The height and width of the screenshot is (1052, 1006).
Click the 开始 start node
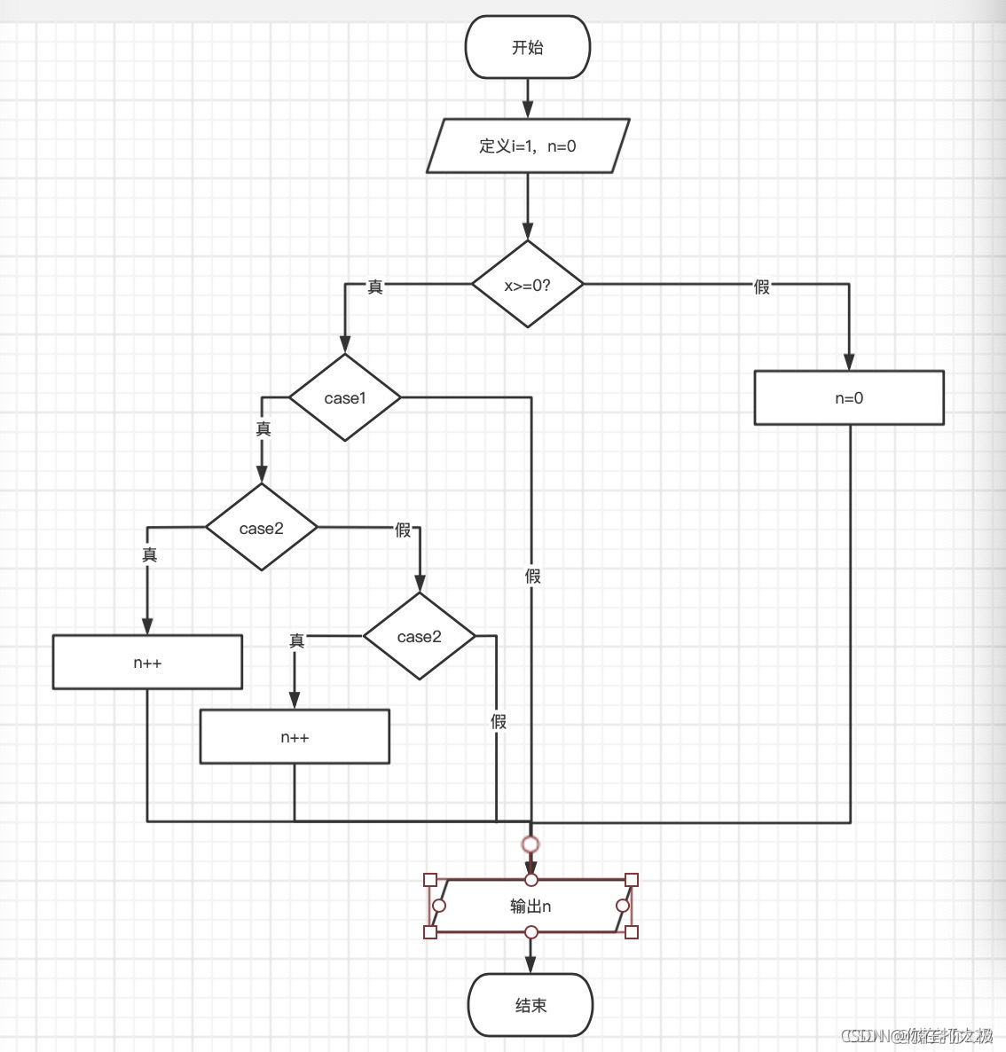pyautogui.click(x=527, y=47)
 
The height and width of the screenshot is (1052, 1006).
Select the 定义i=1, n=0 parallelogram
pyautogui.click(x=527, y=145)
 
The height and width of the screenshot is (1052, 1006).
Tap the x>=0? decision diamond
pyautogui.click(x=527, y=285)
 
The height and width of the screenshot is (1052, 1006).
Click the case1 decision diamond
pyautogui.click(x=345, y=397)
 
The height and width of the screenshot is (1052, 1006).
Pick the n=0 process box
pyautogui.click(x=849, y=397)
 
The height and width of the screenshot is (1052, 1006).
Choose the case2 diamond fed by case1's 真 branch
pyautogui.click(x=262, y=528)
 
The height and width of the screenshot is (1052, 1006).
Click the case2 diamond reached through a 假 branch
pyautogui.click(x=419, y=636)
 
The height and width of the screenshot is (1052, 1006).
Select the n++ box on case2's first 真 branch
pyautogui.click(x=147, y=662)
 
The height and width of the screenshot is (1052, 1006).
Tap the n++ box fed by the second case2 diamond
pyautogui.click(x=295, y=736)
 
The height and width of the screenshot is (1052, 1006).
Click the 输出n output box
pyautogui.click(x=531, y=906)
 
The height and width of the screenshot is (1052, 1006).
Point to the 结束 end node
pyautogui.click(x=531, y=1005)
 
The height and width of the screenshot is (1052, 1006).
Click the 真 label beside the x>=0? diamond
pyautogui.click(x=375, y=287)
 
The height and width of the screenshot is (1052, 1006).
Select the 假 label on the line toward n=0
pyautogui.click(x=761, y=287)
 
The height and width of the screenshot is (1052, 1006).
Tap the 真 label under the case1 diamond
pyautogui.click(x=263, y=428)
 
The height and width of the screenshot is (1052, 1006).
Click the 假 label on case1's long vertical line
pyautogui.click(x=532, y=576)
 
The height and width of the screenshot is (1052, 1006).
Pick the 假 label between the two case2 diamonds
pyautogui.click(x=403, y=530)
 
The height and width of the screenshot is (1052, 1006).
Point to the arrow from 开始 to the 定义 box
pyautogui.click(x=528, y=98)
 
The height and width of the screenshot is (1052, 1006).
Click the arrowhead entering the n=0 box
pyautogui.click(x=849, y=361)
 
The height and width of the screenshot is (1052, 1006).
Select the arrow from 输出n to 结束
pyautogui.click(x=531, y=954)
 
